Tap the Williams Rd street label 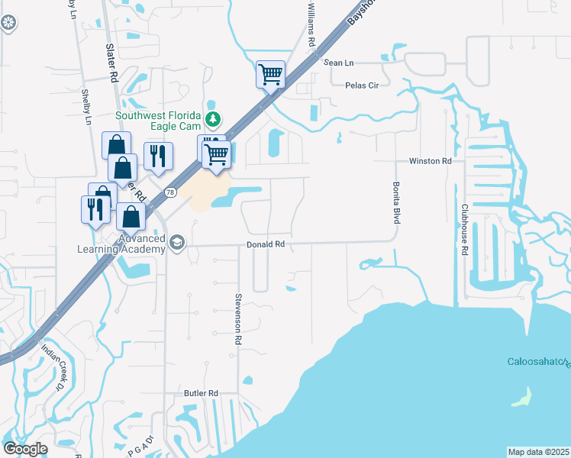coord(311,24)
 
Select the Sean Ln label coord(339,63)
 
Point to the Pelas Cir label coord(362,85)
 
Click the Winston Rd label coord(431,161)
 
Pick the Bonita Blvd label coord(397,202)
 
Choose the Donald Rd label coord(265,245)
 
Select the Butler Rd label coord(201,393)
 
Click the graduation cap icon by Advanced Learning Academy coord(178,244)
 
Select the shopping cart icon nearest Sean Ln coord(270,75)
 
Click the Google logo coord(25,449)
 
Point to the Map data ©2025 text coord(538,452)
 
